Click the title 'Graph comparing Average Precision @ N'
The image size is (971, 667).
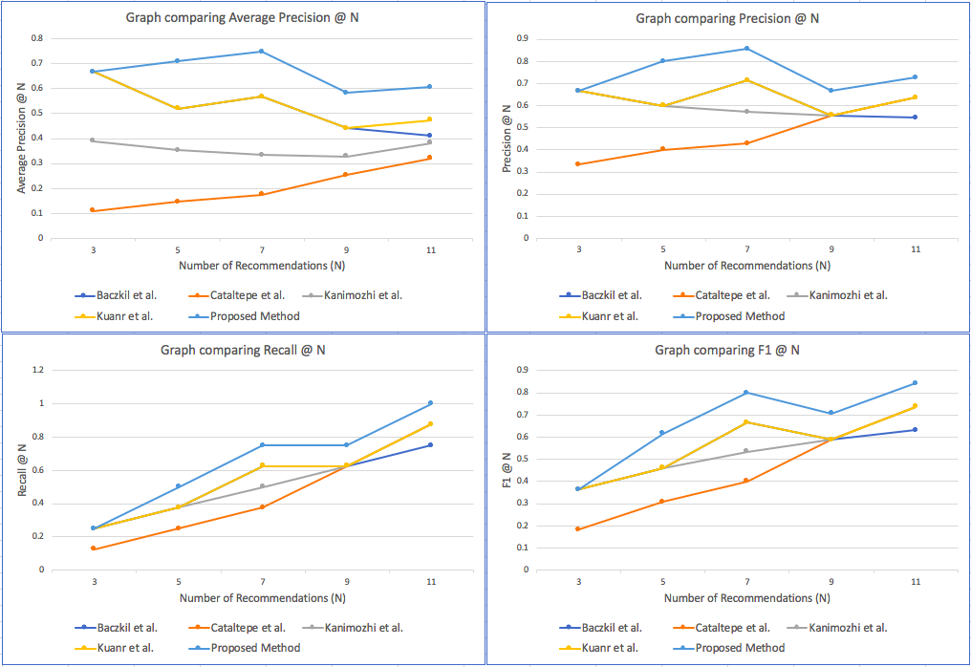coord(248,18)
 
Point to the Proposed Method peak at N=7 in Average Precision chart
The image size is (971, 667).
coord(261,52)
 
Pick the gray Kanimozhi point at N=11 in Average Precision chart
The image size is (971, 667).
coord(429,142)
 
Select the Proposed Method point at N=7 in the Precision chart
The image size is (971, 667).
coord(746,49)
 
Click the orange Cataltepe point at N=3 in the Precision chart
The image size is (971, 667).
coord(578,164)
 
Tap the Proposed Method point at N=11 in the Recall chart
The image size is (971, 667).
coord(429,403)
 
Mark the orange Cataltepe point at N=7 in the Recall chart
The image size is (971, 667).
coord(261,506)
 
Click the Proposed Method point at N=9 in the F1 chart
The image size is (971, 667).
coord(831,413)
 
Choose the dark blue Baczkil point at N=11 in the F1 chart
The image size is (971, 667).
coord(915,429)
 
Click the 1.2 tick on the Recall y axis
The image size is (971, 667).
coord(38,370)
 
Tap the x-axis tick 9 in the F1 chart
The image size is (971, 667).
coord(831,581)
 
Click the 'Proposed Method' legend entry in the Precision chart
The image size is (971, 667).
coord(739,316)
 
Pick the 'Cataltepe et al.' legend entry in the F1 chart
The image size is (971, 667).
coord(732,628)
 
